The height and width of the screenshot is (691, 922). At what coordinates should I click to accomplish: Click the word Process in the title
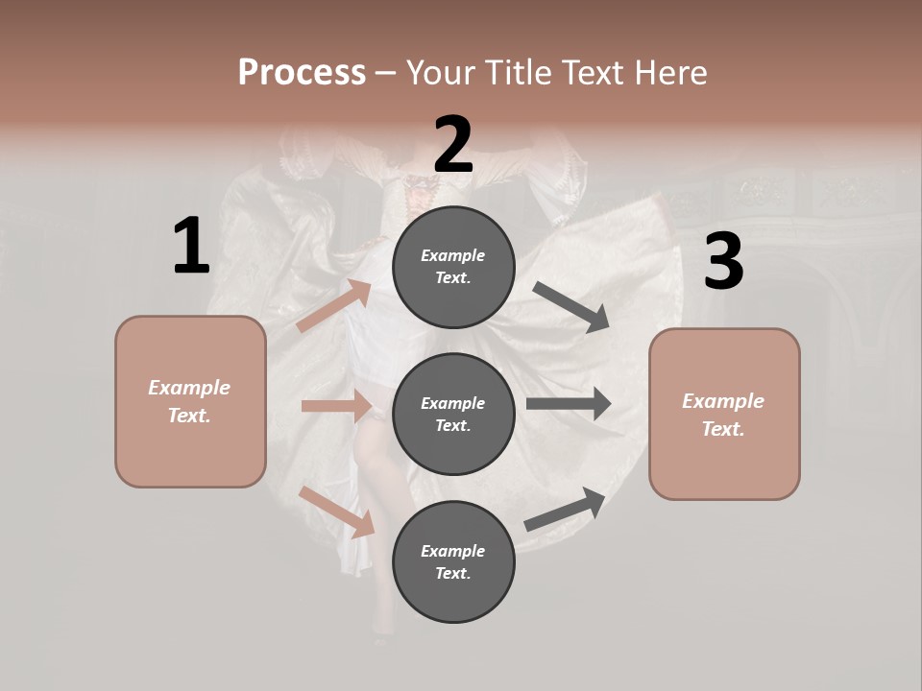(302, 73)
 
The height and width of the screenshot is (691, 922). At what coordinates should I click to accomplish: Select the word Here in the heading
(670, 73)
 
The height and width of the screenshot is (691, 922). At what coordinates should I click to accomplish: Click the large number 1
(191, 247)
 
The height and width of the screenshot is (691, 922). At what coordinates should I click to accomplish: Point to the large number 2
(453, 145)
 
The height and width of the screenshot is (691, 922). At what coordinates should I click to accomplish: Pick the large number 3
(723, 262)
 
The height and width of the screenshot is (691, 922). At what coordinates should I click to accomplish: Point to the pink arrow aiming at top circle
(335, 306)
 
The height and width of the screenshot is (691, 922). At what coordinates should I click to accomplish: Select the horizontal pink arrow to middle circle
(336, 406)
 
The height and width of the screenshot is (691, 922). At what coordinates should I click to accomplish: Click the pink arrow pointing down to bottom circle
(337, 512)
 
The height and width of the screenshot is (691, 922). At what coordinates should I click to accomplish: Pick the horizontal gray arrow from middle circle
(569, 404)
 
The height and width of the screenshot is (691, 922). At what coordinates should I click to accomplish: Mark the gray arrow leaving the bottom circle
(565, 510)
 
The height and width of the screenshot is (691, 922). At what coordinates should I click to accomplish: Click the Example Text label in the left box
(189, 401)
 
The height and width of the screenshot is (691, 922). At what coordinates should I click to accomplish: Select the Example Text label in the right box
(723, 415)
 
